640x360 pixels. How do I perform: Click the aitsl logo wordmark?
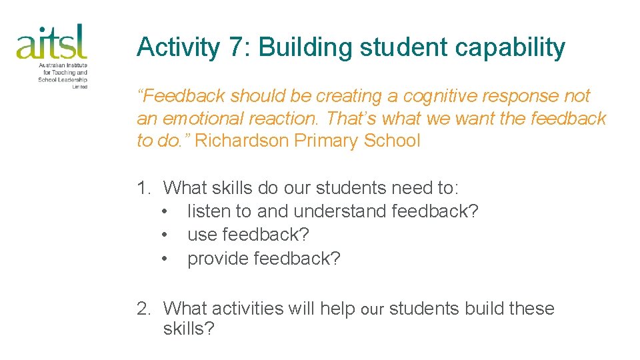(52, 42)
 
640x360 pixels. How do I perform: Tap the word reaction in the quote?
(291, 119)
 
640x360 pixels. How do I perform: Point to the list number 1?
(143, 188)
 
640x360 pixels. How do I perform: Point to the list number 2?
(143, 309)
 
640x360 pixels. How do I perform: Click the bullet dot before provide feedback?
(165, 259)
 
